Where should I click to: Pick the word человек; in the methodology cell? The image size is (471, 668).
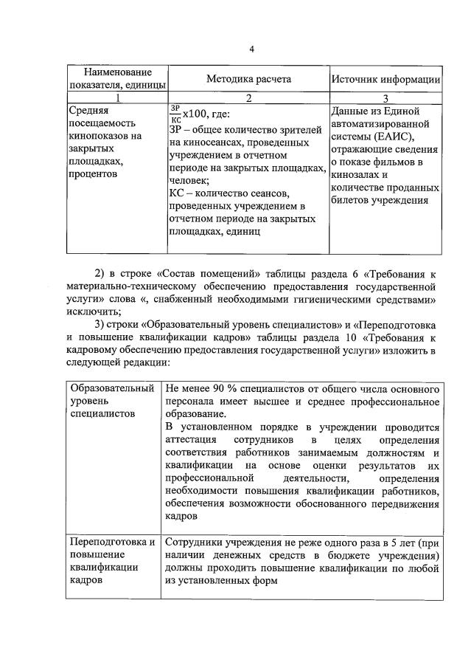pos(189,180)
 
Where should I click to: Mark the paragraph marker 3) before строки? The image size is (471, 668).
pos(103,326)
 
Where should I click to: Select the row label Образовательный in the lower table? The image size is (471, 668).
pos(112,389)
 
